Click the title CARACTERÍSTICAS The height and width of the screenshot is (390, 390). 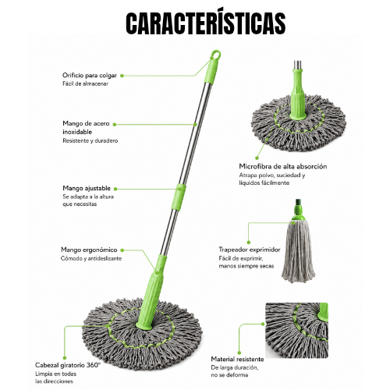coord(206,23)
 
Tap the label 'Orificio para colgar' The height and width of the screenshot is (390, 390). coord(90,76)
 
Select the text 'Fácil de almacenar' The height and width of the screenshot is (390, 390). coord(85,83)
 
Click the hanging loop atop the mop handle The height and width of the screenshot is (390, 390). coord(216,55)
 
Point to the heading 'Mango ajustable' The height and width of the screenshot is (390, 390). coord(87,188)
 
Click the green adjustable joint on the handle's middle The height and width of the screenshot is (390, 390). coord(179,197)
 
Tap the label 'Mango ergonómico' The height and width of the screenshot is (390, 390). coord(89,250)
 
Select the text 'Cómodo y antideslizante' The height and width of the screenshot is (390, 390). coord(91,258)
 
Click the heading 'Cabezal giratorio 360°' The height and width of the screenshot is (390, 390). coord(68,365)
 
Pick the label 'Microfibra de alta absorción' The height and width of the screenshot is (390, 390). coord(283,166)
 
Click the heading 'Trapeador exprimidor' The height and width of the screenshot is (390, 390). coord(250,250)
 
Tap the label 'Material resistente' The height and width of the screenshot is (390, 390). coord(237,360)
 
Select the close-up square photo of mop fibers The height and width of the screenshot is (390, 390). coord(296,330)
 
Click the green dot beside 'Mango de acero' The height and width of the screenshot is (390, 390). coord(115,125)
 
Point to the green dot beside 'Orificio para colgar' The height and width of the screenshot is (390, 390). coord(122,76)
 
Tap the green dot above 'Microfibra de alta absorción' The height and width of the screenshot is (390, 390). coord(257,158)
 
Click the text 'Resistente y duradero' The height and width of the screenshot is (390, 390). coord(90,140)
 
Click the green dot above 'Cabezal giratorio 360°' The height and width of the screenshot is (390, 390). coord(65,358)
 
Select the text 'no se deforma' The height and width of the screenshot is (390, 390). coord(229,375)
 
